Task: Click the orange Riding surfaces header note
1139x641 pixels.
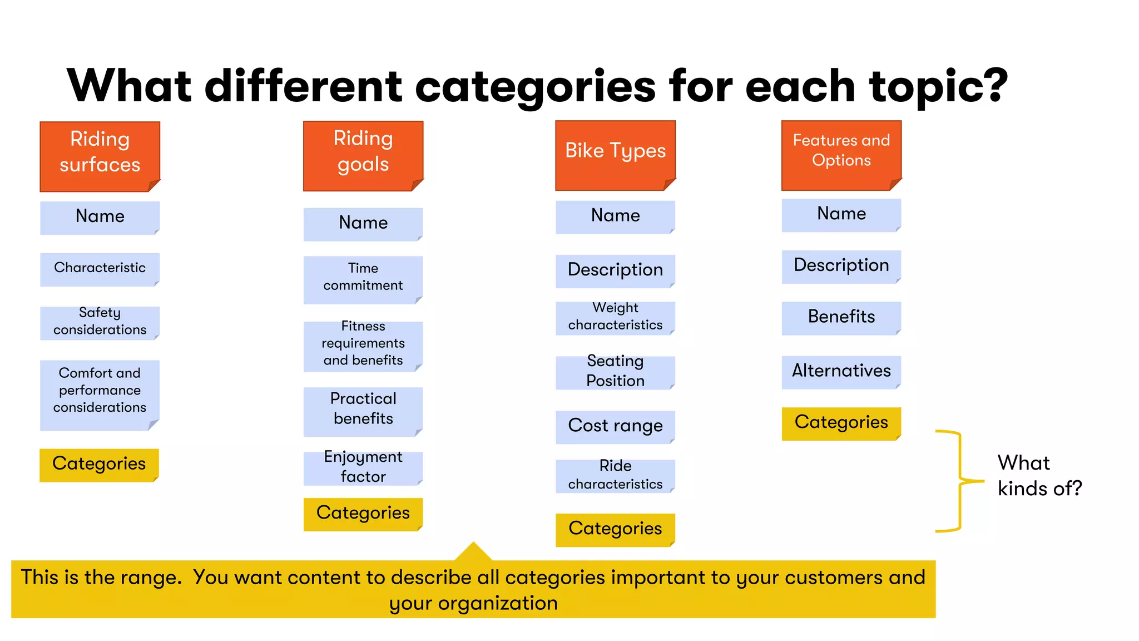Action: [100, 156]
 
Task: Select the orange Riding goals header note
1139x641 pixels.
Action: [363, 156]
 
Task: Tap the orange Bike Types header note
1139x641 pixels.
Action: [615, 155]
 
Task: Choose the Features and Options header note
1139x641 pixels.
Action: [841, 155]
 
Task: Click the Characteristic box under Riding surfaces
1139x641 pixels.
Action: [100, 269]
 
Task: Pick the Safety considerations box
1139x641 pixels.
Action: [100, 322]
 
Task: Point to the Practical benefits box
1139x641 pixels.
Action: [363, 411]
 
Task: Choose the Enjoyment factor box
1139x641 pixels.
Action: [363, 468]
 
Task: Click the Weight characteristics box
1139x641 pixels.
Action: [615, 318]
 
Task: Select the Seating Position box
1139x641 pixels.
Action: [615, 372]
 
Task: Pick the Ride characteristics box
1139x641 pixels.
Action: [615, 476]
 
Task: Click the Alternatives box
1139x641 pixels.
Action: [841, 372]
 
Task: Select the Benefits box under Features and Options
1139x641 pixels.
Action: [841, 318]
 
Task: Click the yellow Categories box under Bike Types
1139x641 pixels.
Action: [615, 529]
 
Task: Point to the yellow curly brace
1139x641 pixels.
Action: [960, 481]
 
